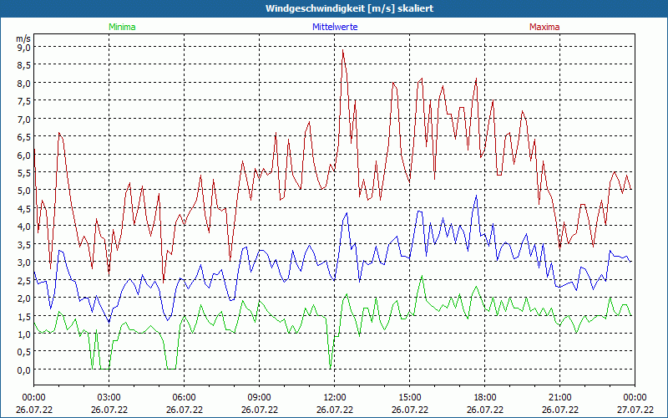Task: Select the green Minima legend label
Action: pyautogui.click(x=122, y=27)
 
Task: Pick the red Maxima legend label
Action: pyautogui.click(x=544, y=27)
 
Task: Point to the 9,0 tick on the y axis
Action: pyautogui.click(x=23, y=48)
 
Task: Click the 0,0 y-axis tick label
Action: pyautogui.click(x=23, y=370)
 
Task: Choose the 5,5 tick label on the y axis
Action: pyautogui.click(x=23, y=173)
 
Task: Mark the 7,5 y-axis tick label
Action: pyautogui.click(x=23, y=101)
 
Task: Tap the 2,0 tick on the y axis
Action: pyautogui.click(x=23, y=298)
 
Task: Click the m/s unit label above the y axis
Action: pyautogui.click(x=23, y=38)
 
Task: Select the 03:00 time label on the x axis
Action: pyautogui.click(x=109, y=397)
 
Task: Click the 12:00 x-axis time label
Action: pyautogui.click(x=334, y=397)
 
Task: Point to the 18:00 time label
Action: pyautogui.click(x=484, y=397)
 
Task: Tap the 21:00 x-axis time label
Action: pyautogui.click(x=559, y=397)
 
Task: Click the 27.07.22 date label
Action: pyautogui.click(x=635, y=410)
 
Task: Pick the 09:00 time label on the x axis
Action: pyautogui.click(x=259, y=397)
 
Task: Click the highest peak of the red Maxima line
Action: pyautogui.click(x=342, y=50)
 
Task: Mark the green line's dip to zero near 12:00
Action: pyautogui.click(x=331, y=366)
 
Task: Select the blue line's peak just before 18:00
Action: pyautogui.click(x=476, y=196)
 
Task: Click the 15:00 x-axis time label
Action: pyautogui.click(x=409, y=397)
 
